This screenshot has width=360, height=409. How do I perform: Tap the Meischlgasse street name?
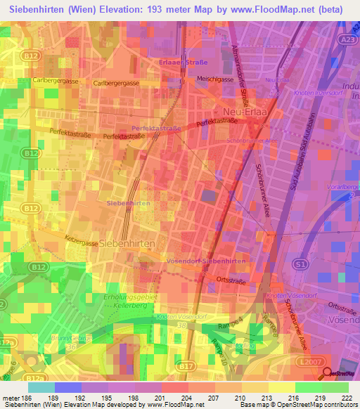click(214, 79)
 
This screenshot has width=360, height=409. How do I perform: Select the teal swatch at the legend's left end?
click(41, 387)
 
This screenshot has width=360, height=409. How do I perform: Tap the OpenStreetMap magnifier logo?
click(327, 375)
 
